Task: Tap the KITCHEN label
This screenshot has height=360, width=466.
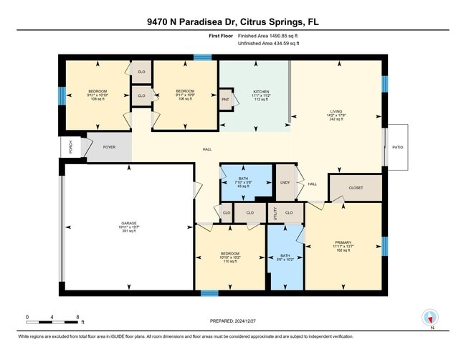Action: point(260,92)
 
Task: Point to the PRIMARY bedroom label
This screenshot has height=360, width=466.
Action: point(343,243)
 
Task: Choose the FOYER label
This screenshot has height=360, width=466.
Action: point(109,146)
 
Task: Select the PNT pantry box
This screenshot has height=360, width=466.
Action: point(225,100)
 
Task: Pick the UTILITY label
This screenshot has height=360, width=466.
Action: point(272,213)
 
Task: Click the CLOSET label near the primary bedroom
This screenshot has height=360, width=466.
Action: point(356,188)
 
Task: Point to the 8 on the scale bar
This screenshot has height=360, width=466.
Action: point(77,317)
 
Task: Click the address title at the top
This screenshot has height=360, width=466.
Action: point(233,22)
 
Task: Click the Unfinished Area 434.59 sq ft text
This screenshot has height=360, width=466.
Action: point(268,44)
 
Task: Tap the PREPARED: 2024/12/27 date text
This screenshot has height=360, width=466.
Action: point(234,321)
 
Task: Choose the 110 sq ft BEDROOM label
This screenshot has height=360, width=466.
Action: point(229,257)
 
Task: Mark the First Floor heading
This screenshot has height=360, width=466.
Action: point(223,35)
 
